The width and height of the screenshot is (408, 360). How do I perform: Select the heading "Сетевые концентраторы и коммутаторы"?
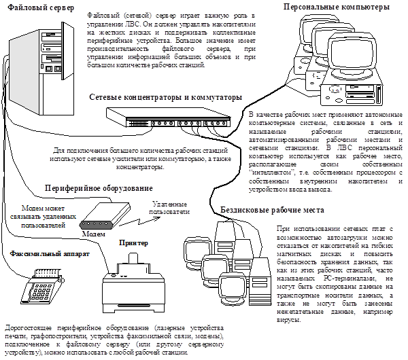[165, 97]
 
